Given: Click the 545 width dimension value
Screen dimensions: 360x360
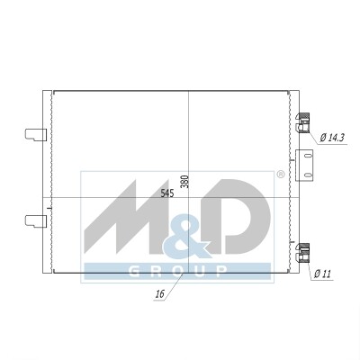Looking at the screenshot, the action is [x=167, y=193].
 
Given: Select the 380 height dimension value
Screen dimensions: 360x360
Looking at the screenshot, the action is [x=185, y=182].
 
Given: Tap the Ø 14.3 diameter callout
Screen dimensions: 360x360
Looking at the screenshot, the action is [x=332, y=138].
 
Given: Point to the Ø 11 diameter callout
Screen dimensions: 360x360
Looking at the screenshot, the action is [x=322, y=274].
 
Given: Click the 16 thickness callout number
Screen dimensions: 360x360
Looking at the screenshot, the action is [x=160, y=294].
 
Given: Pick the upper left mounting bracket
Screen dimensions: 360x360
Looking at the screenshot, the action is [x=36, y=135].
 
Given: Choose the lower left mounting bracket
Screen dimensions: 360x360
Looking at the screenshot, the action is [x=36, y=221].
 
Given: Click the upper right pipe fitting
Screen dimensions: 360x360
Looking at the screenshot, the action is [x=302, y=123].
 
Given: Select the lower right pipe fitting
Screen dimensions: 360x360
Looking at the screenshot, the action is [x=302, y=253].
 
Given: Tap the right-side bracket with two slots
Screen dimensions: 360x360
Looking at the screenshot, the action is [x=304, y=166].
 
